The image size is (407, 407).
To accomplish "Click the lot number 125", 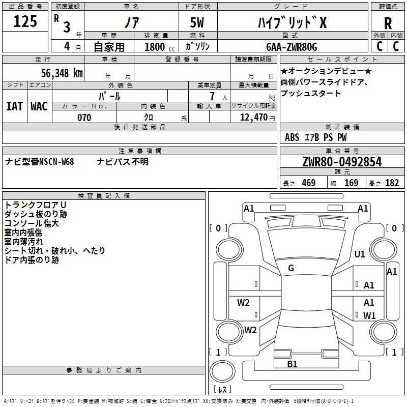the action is coord(25,21).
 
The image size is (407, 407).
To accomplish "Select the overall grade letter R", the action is coord(388,23).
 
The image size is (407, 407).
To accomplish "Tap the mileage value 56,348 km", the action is coord(62,73).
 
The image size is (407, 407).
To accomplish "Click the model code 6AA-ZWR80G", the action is coord(292,47).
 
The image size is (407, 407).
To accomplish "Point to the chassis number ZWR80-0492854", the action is coord(342,162).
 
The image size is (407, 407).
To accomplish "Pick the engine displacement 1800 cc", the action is coord(160,47).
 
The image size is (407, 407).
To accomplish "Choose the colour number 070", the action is coord(84,118).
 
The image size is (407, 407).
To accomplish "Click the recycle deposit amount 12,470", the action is coord(253,118).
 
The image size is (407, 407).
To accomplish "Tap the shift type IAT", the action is coord(15,106).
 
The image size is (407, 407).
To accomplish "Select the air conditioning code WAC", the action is coord(39,106).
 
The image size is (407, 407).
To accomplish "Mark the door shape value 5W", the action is coord(197,22).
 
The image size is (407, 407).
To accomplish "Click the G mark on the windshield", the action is coord(291,268).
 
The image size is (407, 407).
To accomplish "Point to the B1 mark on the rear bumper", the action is coord(292,364).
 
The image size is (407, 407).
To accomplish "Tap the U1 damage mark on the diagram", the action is coord(360,254).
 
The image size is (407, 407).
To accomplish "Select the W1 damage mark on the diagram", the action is coord(369,315).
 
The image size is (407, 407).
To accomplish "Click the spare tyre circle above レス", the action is coord(222,371).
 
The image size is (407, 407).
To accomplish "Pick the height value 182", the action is coord(392,183).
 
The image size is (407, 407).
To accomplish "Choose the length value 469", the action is coord(309,183).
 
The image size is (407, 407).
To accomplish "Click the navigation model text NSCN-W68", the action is coord(56,162).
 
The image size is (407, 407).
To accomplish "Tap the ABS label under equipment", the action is coord(292,137).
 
